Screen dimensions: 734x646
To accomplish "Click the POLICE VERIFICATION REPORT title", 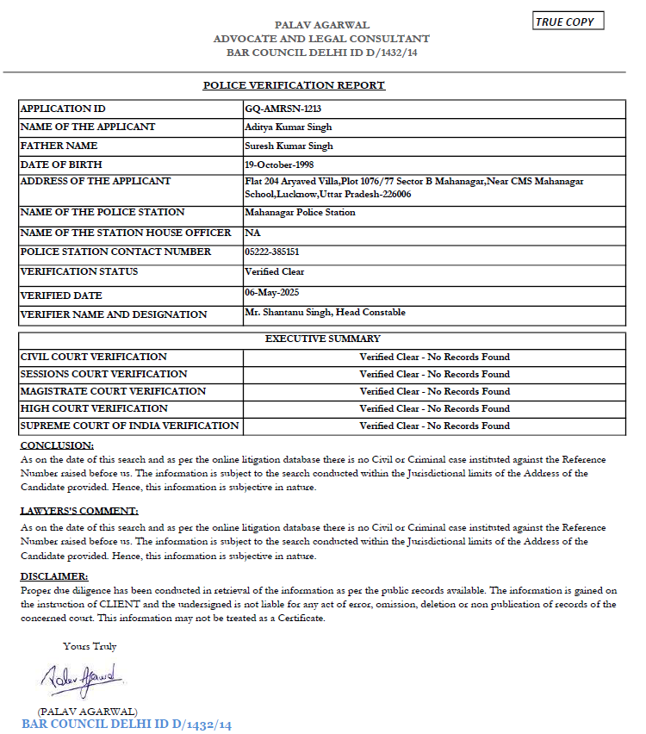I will click(294, 85).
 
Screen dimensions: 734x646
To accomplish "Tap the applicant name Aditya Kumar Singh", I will click(289, 128).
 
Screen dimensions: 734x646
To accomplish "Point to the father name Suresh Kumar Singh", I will click(289, 146).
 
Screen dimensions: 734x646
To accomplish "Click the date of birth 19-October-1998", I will click(283, 165).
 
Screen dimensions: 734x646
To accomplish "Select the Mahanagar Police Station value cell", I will click(300, 213).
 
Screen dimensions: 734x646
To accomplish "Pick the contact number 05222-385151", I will click(272, 252).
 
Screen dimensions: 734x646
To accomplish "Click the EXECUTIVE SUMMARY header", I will click(322, 339).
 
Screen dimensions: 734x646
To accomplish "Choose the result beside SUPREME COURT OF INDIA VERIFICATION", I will click(434, 426).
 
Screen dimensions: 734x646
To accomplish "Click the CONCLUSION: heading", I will click(57, 445).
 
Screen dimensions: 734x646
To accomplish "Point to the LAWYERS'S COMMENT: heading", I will click(79, 511).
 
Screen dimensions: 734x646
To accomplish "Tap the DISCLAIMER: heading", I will click(54, 576).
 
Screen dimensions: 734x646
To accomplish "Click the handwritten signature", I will click(84, 681).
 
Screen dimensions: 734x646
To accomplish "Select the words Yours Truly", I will click(90, 646).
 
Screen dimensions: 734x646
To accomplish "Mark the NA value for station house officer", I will click(252, 233).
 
